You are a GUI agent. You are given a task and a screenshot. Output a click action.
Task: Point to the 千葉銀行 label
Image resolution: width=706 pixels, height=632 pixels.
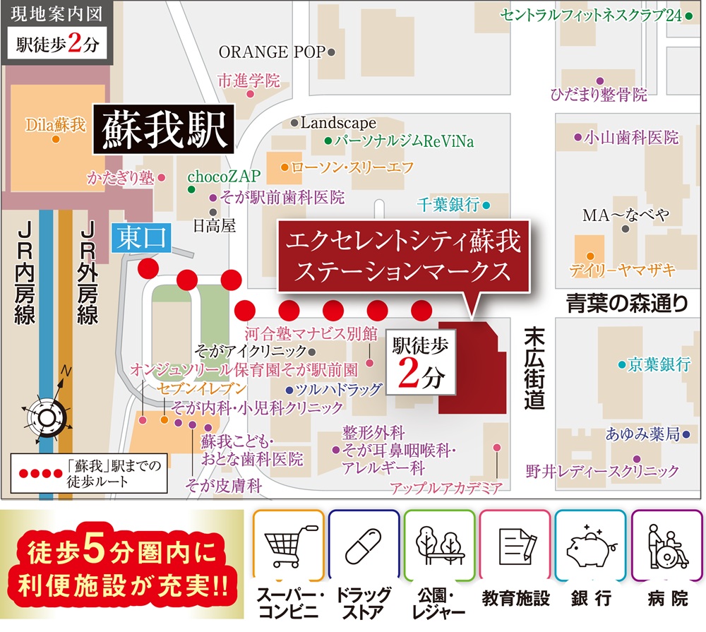448,205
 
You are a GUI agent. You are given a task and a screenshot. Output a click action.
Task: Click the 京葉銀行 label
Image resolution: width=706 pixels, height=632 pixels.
659,364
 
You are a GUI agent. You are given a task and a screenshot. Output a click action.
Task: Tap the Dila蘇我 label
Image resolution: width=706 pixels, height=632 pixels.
55,126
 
